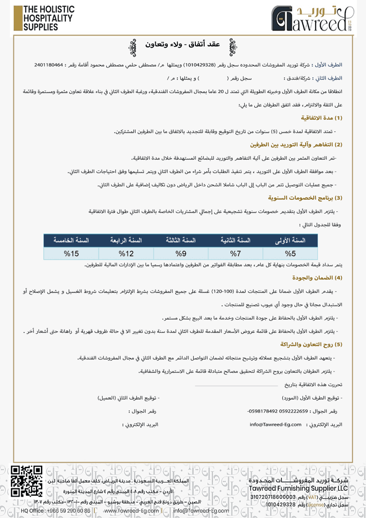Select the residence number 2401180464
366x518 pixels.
[50, 65]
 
